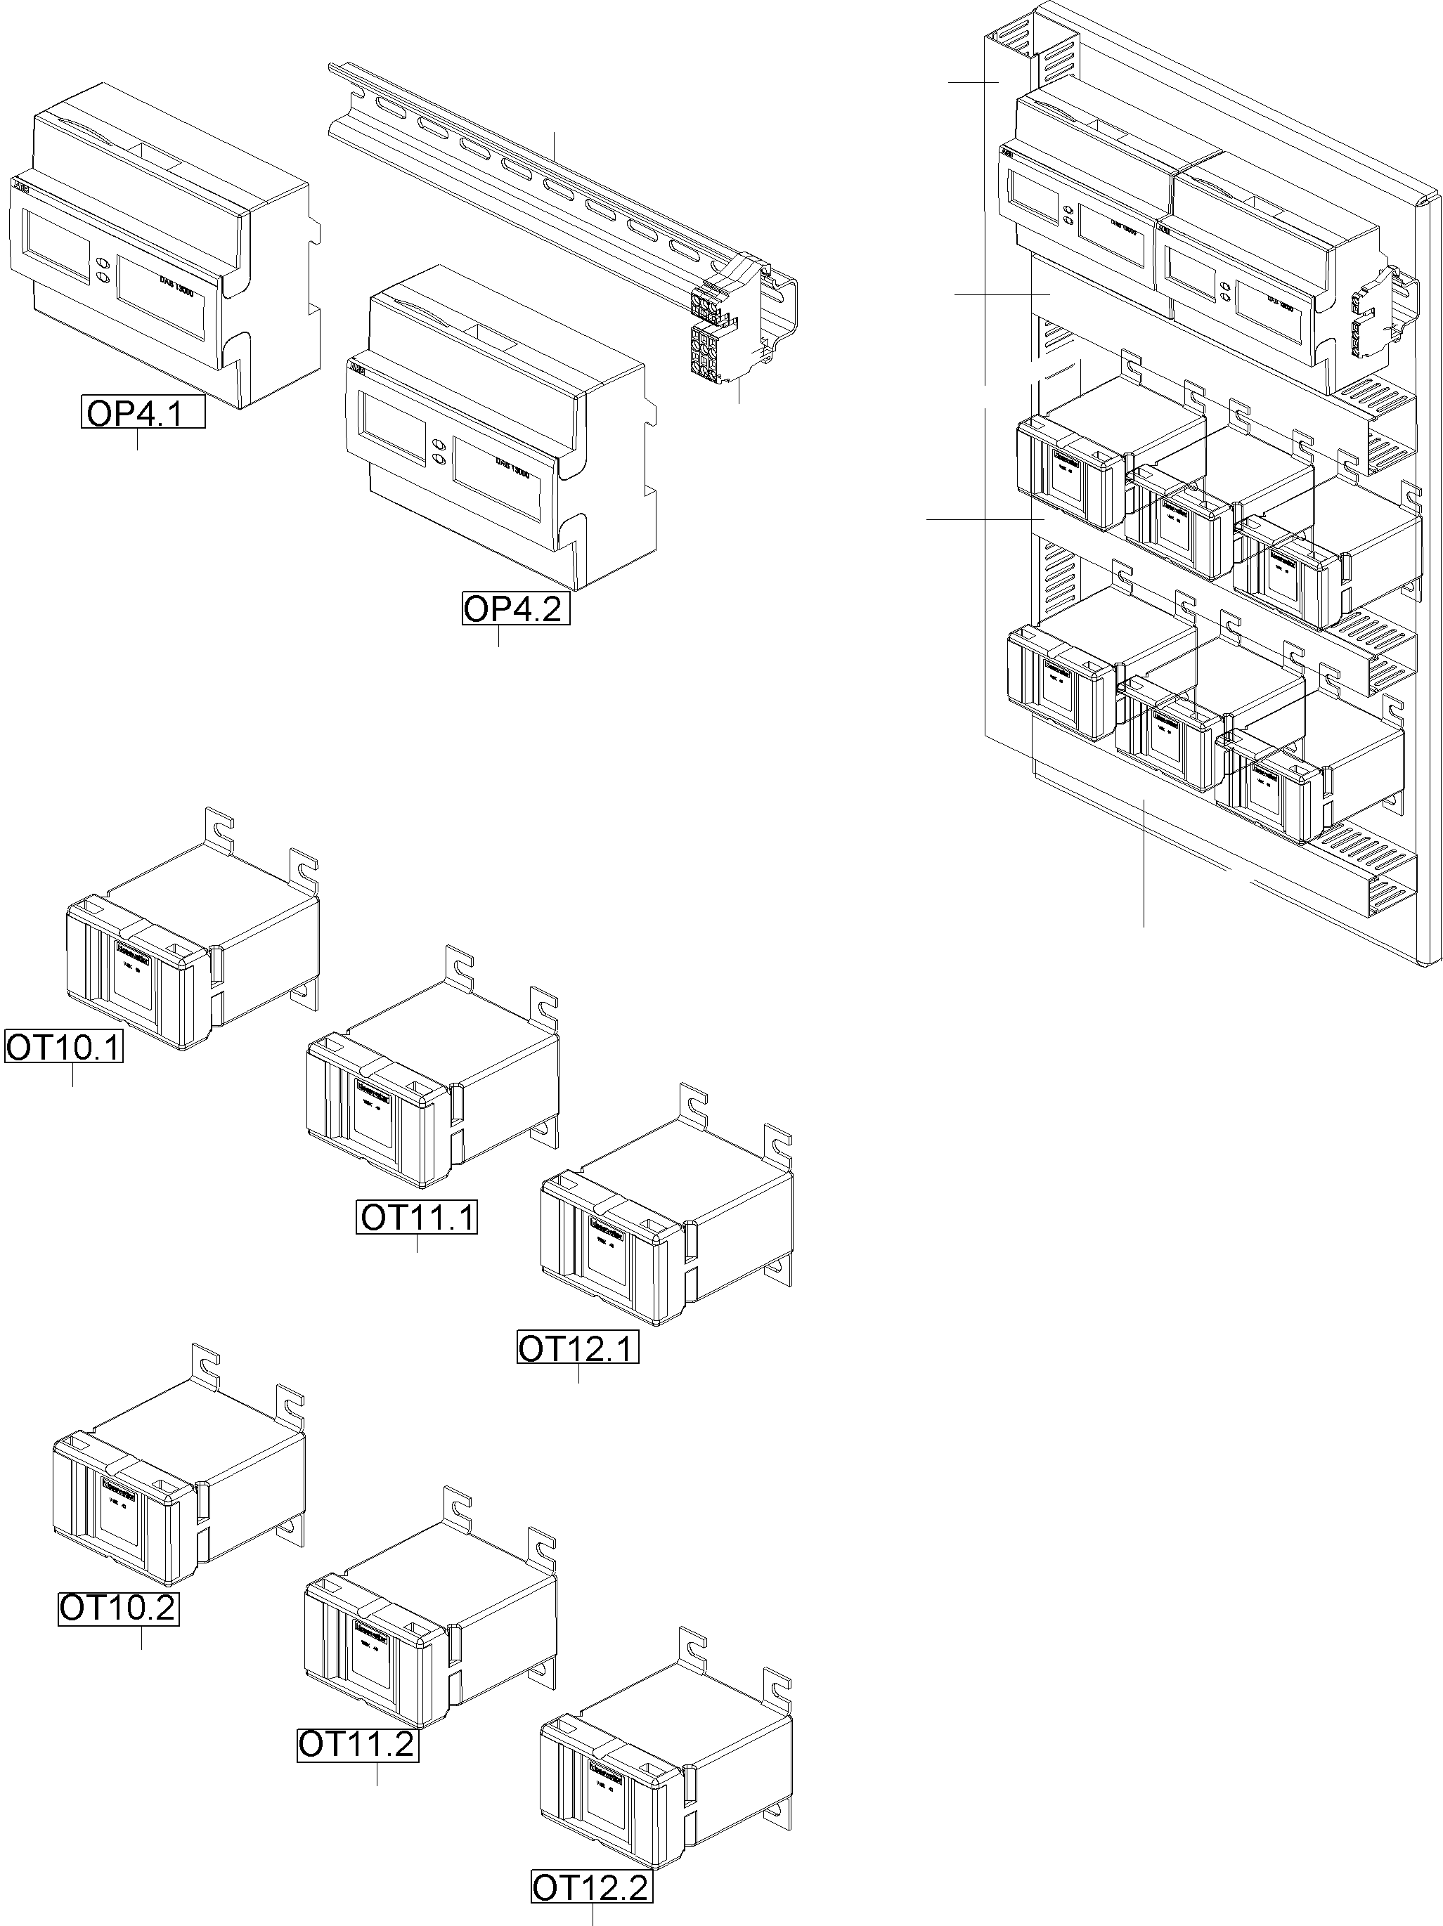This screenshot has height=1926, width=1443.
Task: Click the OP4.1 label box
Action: pos(143,412)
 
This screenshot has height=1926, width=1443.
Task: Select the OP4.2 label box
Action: pos(515,608)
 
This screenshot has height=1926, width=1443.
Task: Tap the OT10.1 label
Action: pos(63,1046)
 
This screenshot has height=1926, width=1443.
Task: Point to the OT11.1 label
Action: pos(417,1216)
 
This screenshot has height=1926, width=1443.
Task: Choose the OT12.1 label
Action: pos(577,1347)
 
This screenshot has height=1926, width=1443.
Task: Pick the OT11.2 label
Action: pos(358,1745)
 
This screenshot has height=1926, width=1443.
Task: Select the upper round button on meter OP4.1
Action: pos(103,261)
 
